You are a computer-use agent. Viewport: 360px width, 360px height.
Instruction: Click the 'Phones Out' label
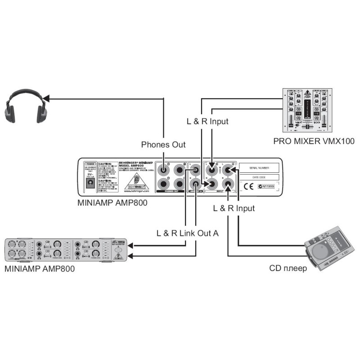click(x=163, y=144)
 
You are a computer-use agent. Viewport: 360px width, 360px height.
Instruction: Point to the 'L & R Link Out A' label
click(x=187, y=233)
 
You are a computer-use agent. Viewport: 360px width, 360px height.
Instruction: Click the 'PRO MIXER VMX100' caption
click(x=314, y=141)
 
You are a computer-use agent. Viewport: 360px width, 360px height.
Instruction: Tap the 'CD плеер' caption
click(x=288, y=269)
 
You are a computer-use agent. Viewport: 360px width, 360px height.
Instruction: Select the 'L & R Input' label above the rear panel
click(x=207, y=121)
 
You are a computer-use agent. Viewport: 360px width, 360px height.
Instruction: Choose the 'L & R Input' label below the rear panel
click(x=234, y=208)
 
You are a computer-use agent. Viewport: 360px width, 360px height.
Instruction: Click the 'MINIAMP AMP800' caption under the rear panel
click(x=112, y=203)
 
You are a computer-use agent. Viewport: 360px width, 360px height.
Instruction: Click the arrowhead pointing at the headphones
click(x=47, y=97)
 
